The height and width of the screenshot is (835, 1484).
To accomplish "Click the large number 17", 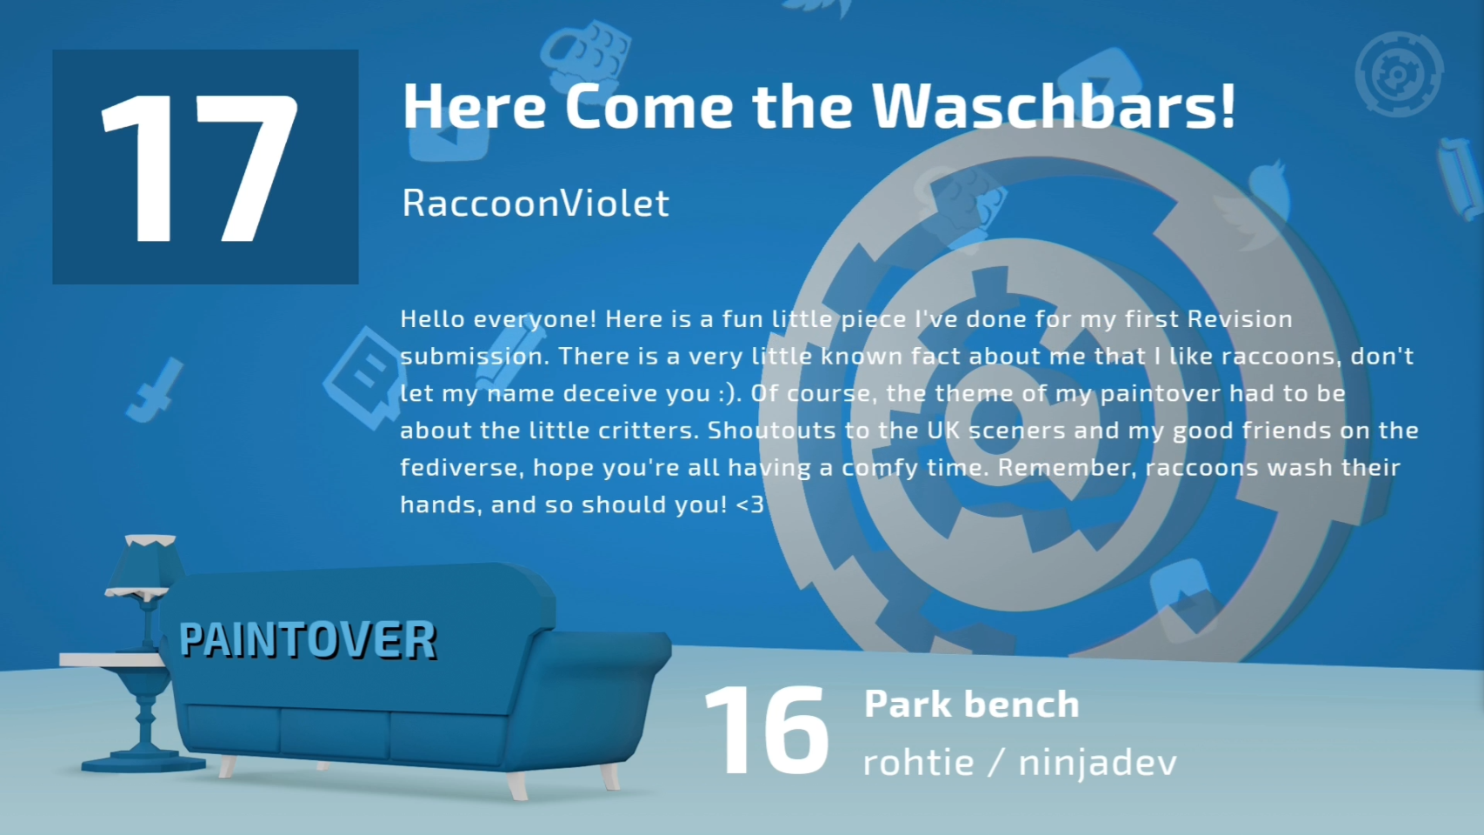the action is point(200,168).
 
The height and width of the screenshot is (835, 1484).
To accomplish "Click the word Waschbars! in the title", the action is point(1054,106).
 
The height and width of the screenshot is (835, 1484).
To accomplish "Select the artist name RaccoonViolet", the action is point(536,203).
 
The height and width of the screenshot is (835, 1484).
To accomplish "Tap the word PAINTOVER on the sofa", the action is point(308,641).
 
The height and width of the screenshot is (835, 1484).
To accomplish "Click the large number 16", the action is point(767,730).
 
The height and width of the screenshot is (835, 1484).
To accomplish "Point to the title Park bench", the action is point(971,704).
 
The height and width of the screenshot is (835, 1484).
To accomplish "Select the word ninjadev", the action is point(1098,762).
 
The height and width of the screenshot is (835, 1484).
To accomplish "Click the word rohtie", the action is point(918,762).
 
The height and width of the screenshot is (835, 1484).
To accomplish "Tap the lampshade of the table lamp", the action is point(144,565).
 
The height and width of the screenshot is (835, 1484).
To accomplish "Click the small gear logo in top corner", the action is point(1399,74).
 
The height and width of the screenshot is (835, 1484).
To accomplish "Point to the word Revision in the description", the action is point(1240,319).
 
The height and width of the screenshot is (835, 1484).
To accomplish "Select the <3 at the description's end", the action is point(750,505).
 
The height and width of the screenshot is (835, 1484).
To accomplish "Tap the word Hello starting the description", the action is point(433,319).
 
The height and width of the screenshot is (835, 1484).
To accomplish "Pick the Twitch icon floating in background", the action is point(363,377).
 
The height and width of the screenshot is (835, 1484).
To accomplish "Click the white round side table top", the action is point(113,659).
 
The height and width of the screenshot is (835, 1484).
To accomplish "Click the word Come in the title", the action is point(649,107).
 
